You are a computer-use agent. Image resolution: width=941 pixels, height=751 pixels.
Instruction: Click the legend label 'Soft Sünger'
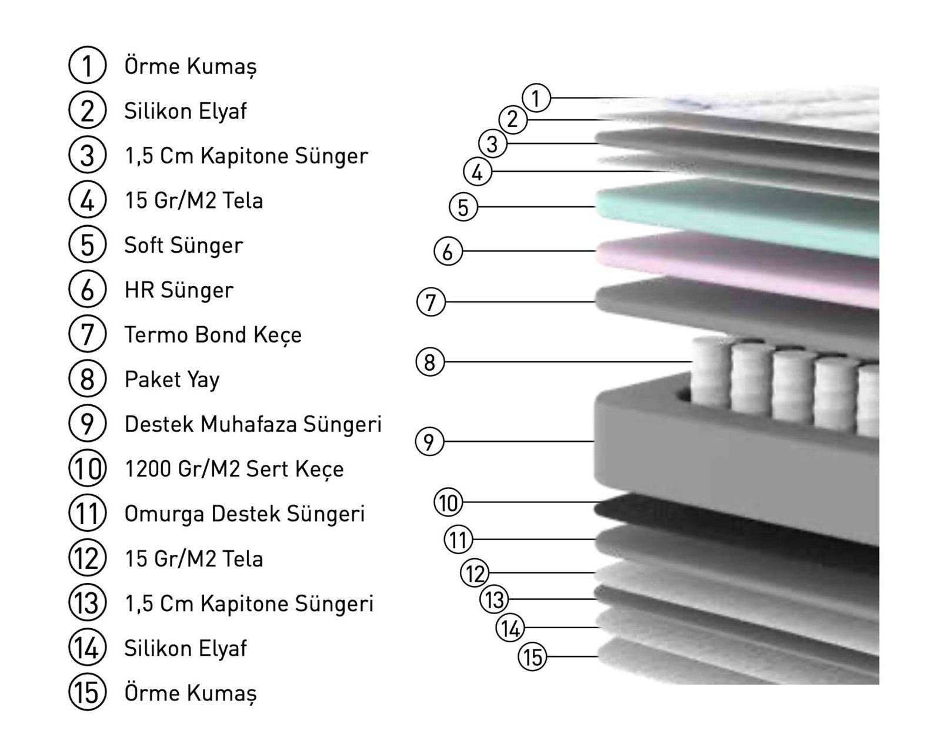183,246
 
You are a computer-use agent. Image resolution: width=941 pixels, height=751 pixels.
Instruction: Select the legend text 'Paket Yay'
172,380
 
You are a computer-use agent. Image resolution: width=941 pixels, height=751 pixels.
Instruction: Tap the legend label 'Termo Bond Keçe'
213,335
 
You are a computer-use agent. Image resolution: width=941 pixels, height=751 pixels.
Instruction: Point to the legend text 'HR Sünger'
179,290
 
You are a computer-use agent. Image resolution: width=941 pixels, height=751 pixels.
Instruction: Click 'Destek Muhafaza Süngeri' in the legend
253,424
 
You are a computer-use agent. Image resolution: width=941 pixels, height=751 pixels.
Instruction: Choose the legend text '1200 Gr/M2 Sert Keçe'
235,469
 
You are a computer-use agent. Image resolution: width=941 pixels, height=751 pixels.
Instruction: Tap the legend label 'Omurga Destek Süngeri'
245,514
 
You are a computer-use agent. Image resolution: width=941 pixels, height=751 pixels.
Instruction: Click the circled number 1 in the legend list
88,65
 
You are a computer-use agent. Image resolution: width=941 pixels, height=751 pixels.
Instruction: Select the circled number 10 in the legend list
88,468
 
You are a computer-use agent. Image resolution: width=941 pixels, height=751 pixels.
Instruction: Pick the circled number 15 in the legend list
88,692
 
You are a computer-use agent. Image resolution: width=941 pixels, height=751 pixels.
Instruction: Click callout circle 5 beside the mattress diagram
463,207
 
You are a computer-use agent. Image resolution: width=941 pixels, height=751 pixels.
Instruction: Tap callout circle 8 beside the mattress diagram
430,362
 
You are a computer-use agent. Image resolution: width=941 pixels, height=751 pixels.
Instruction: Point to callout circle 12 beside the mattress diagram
475,573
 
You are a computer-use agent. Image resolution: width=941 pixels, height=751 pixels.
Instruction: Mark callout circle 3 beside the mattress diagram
493,144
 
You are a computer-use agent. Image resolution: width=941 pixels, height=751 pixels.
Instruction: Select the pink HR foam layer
739,269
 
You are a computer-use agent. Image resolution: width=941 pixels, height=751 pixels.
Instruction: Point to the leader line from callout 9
519,442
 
